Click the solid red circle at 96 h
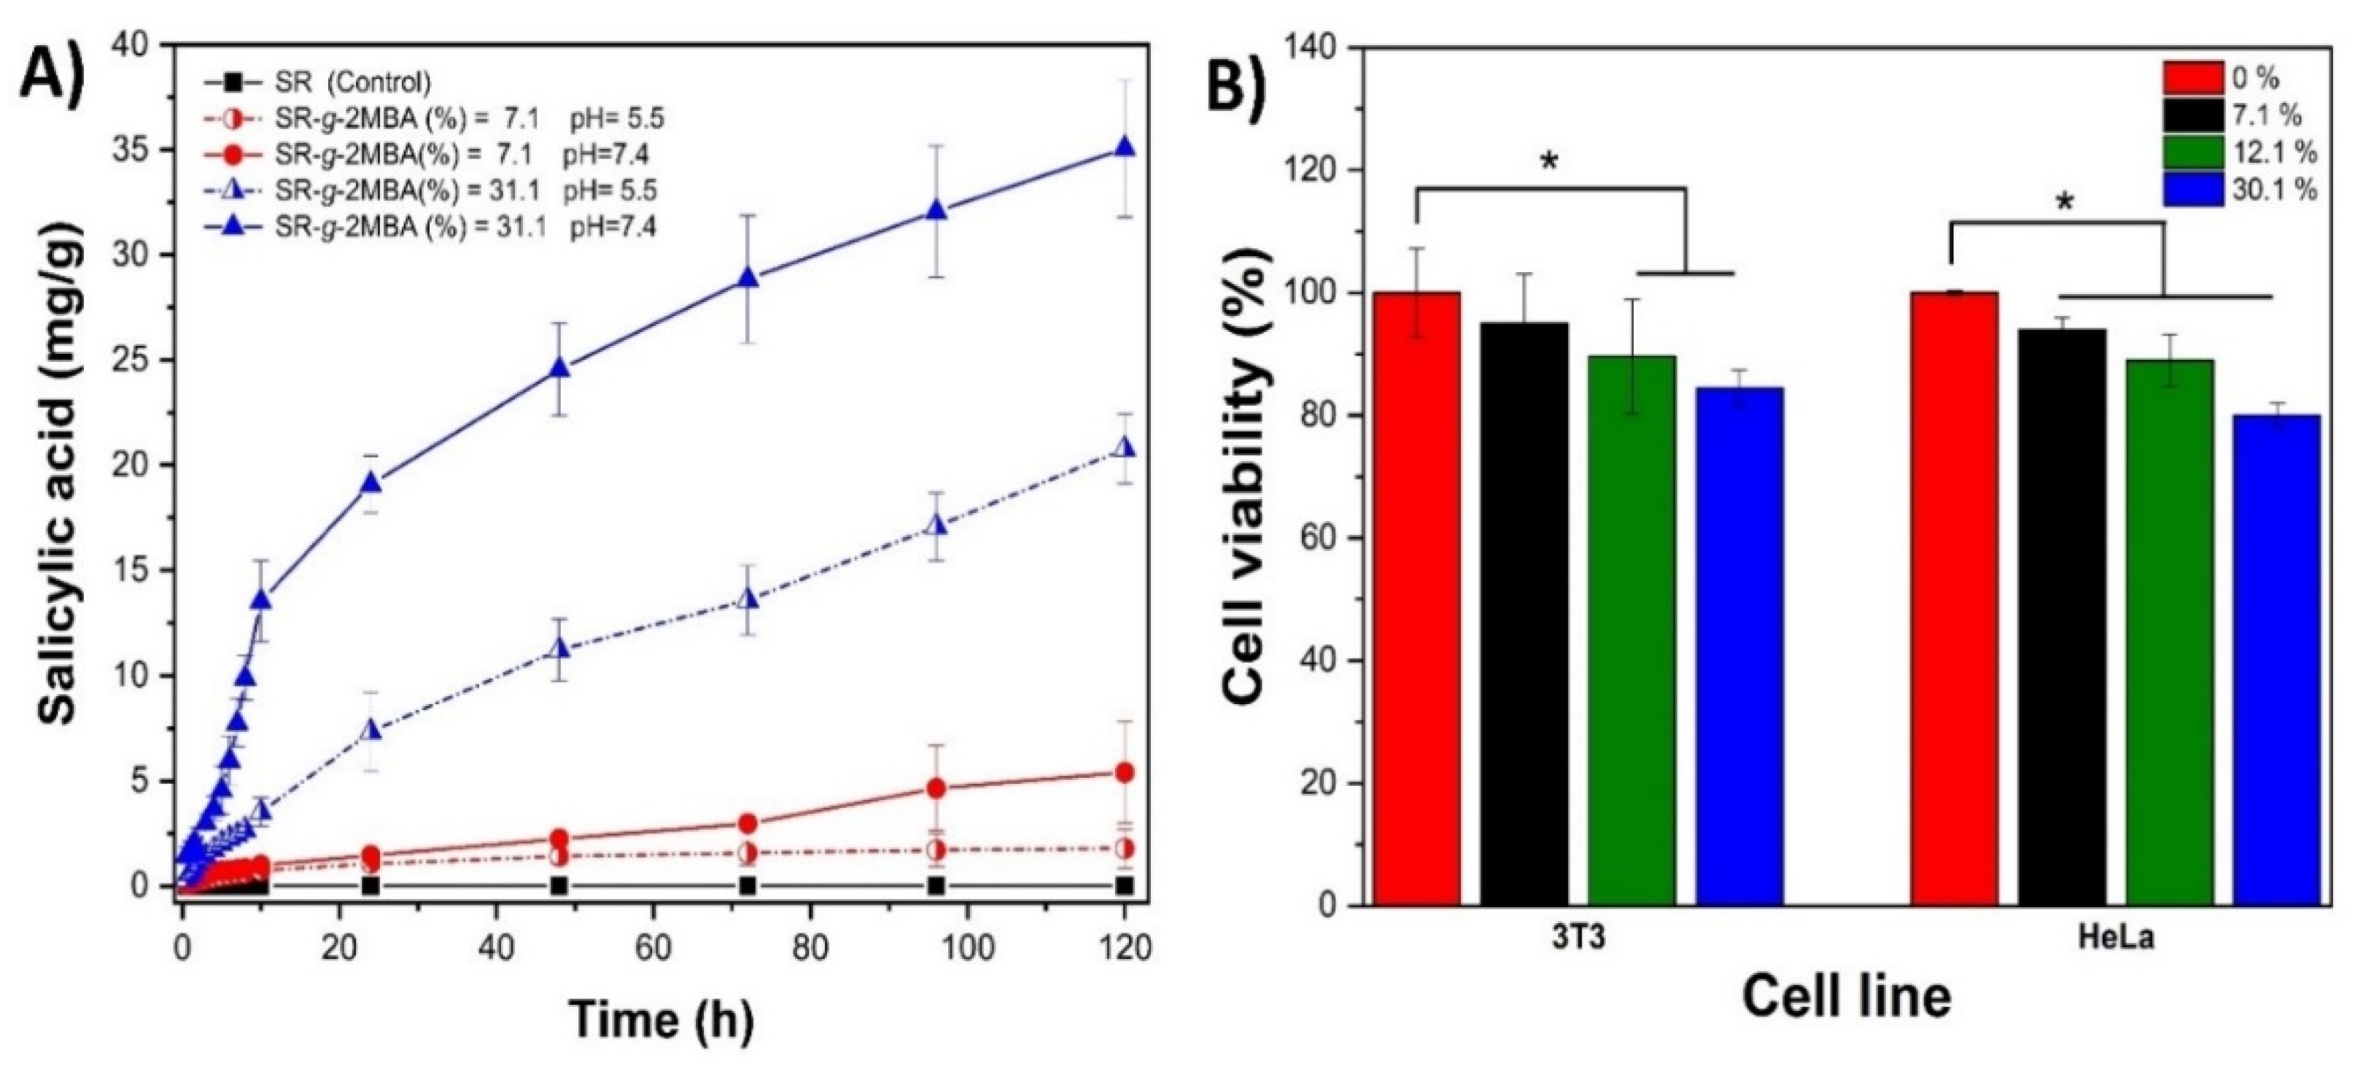tap(936, 788)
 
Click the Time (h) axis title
tap(661, 1020)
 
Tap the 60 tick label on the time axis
tap(653, 945)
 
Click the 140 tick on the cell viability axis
tap(1314, 47)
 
